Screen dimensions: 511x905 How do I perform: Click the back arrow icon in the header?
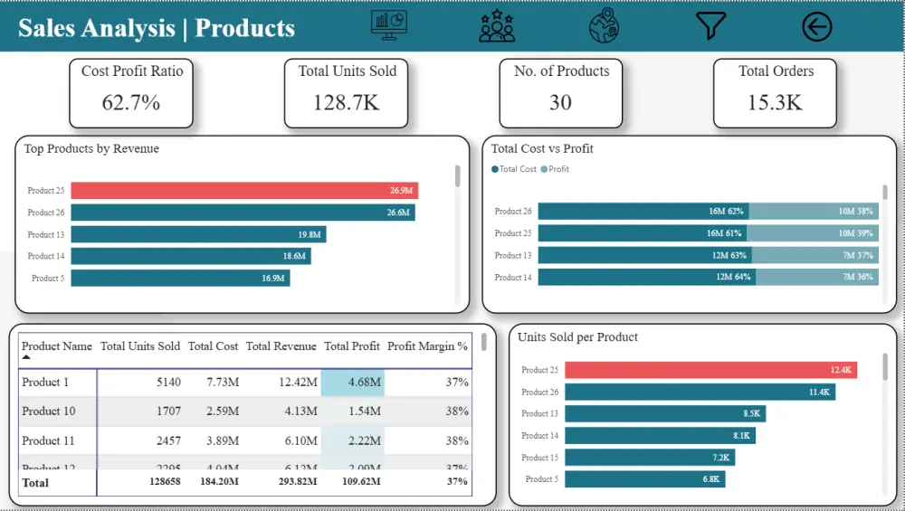(x=816, y=27)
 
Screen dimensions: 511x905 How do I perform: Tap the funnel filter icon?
(x=710, y=26)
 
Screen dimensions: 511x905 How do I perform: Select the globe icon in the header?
(x=604, y=26)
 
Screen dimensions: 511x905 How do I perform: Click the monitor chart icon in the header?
(x=389, y=25)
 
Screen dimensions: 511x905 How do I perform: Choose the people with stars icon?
(x=497, y=26)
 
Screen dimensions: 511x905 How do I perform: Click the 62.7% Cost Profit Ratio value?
(x=131, y=103)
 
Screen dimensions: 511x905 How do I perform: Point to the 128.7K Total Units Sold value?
(x=347, y=103)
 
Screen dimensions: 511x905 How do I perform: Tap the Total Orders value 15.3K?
(x=776, y=103)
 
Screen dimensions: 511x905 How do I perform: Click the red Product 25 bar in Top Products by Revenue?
(x=244, y=191)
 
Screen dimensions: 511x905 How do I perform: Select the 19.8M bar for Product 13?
(x=198, y=234)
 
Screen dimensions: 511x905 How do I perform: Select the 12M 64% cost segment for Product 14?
(x=644, y=277)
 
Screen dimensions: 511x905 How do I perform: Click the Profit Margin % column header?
(x=427, y=346)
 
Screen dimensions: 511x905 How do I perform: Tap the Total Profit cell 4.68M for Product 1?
(x=352, y=383)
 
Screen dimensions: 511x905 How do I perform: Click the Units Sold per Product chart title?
(x=577, y=337)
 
